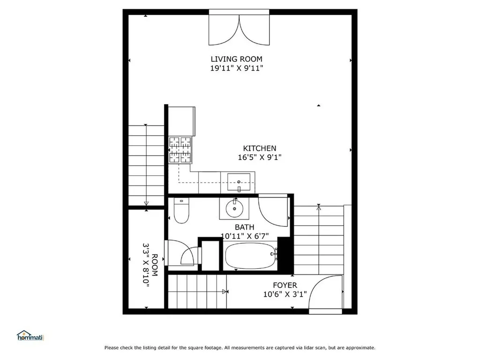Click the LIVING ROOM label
click(236, 59)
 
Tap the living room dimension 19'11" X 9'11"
click(236, 68)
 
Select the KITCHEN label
click(259, 149)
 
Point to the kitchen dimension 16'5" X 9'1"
click(259, 157)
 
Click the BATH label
click(245, 227)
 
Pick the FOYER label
click(285, 285)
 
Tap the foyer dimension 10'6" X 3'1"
click(285, 294)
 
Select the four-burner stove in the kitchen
click(180, 150)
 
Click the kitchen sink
click(240, 181)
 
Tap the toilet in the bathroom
click(180, 211)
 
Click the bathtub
click(250, 255)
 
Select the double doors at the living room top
click(240, 28)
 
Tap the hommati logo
click(30, 336)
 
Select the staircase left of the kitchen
click(146, 164)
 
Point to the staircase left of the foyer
click(197, 291)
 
